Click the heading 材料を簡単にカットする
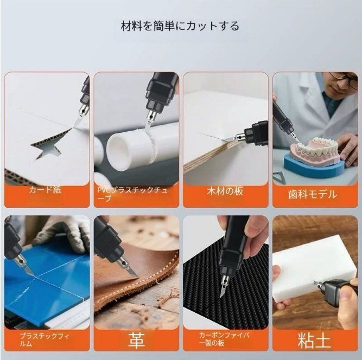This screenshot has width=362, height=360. point(180,26)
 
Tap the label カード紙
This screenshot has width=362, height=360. point(45,190)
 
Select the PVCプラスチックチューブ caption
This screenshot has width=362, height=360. point(132,194)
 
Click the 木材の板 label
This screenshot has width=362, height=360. point(225,191)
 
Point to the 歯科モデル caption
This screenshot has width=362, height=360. point(313,195)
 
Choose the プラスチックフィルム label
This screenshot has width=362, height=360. point(45,340)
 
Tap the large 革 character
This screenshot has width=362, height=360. point(136,340)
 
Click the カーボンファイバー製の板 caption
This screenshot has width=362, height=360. point(224,339)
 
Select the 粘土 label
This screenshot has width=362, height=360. point(314,340)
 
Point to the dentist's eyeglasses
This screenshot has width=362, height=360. point(344,79)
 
